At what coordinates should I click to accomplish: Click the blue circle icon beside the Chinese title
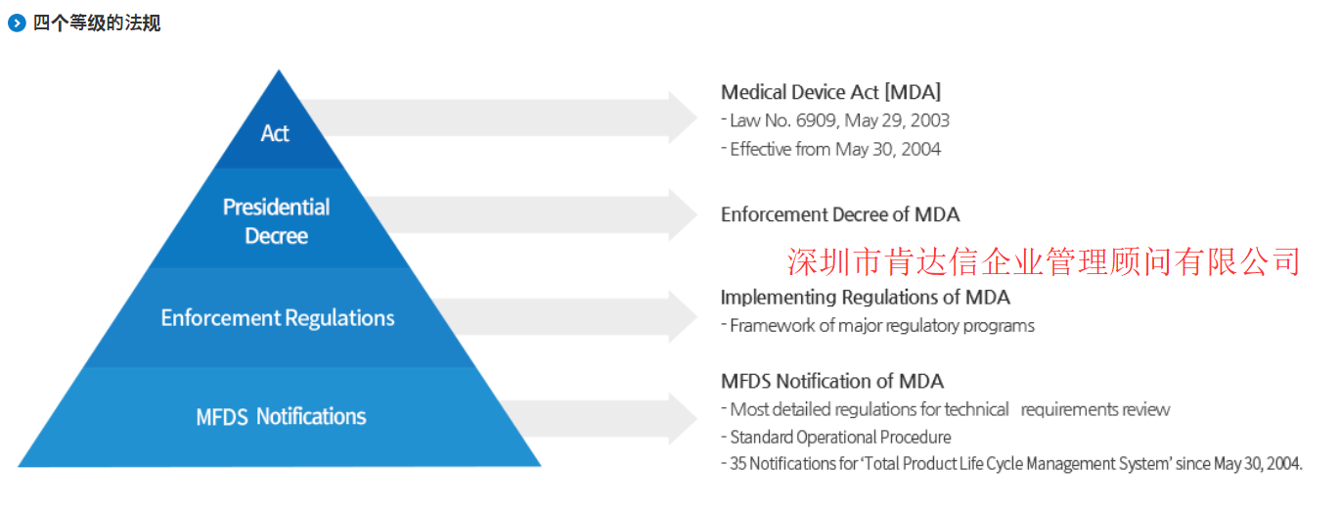coord(17,23)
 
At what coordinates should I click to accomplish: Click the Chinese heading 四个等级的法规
coord(97,23)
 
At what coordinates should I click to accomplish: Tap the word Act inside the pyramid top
coord(275,133)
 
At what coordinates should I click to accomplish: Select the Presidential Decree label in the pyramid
coord(276,221)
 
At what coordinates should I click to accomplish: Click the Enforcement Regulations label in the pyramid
coord(278,318)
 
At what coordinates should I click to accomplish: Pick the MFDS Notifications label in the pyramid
coord(281,416)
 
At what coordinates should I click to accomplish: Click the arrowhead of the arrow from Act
coord(683,117)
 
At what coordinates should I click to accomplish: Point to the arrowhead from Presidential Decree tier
coord(683,214)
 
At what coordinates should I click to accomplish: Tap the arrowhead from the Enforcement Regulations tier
coord(683,316)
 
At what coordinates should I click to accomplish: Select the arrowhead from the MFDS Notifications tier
coord(683,419)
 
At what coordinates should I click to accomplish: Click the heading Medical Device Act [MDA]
coord(831,92)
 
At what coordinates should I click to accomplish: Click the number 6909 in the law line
coord(817,120)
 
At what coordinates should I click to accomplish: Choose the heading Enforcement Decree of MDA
coord(840,214)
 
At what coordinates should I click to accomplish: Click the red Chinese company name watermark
coord(1043,262)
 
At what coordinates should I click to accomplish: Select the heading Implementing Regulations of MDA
coord(865,298)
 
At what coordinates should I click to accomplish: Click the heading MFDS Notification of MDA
coord(832,381)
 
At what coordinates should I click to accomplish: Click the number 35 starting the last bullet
coord(738,464)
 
